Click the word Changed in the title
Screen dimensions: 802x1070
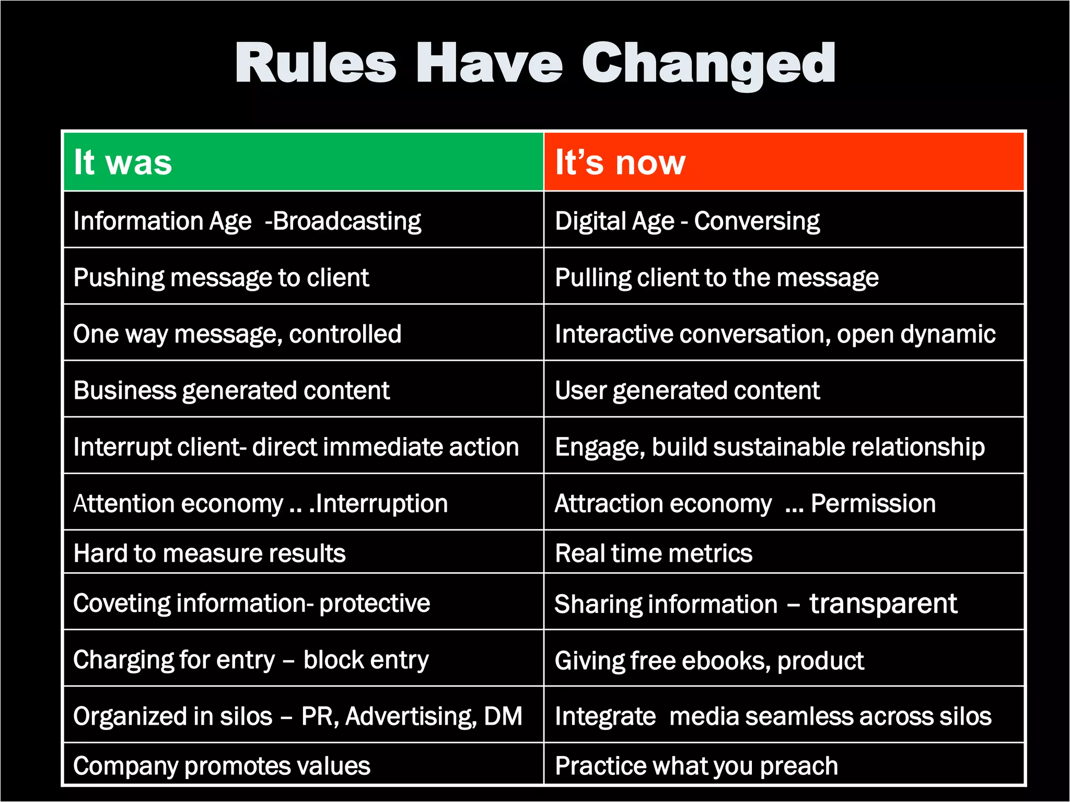click(708, 64)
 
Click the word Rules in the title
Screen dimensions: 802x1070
click(316, 64)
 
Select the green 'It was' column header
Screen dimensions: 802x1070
click(303, 162)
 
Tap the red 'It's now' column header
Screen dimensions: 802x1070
click(784, 162)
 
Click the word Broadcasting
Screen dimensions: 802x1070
click(346, 221)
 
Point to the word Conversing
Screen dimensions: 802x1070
click(757, 221)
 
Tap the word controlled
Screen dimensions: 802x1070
click(345, 334)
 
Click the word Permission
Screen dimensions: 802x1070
click(873, 504)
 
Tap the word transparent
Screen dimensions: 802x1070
click(883, 604)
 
